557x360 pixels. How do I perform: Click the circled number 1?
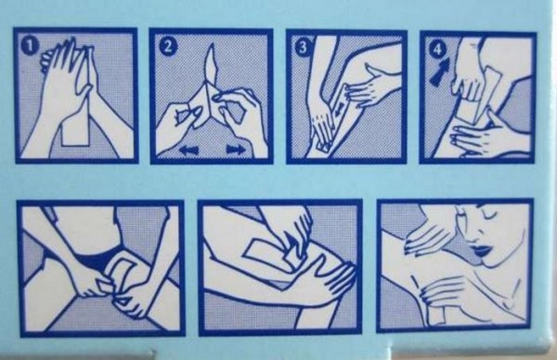pos(30,47)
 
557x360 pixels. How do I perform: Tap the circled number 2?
pos(167,47)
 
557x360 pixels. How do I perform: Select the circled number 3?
pos(303,47)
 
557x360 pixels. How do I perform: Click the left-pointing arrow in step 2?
pos(189,150)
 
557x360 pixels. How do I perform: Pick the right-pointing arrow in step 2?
pos(236,149)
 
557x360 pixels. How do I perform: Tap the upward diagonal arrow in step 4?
pos(440,72)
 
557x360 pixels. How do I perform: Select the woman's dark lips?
pos(482,249)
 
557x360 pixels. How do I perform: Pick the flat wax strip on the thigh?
pos(267,253)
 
